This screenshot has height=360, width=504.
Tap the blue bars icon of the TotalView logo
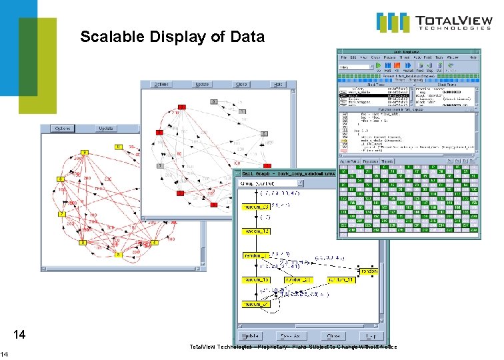392,22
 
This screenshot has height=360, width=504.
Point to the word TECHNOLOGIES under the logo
455,29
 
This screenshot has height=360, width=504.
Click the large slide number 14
20,334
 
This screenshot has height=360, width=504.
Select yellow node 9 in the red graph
85,153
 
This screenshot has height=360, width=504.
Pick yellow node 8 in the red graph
60,179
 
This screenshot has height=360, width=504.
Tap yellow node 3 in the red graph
83,243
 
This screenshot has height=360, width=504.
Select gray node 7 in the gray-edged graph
160,165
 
